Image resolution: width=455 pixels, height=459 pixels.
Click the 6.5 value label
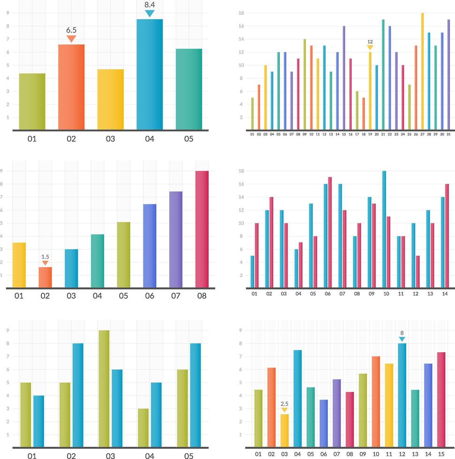click(x=71, y=30)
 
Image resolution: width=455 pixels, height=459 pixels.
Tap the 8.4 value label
click(x=150, y=5)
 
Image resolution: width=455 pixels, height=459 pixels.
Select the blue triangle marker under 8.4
click(x=150, y=14)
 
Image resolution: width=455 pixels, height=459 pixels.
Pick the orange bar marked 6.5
click(x=71, y=87)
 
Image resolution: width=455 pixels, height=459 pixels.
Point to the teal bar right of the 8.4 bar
click(x=189, y=89)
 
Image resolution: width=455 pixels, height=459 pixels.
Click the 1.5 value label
click(x=45, y=257)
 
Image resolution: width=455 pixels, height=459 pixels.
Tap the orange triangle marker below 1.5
click(x=45, y=263)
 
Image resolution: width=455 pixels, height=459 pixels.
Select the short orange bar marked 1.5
click(x=45, y=277)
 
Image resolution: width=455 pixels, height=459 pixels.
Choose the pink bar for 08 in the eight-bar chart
click(x=202, y=229)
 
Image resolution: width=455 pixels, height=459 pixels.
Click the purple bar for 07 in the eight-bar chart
click(x=176, y=239)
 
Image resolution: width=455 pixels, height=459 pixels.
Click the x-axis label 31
click(x=448, y=134)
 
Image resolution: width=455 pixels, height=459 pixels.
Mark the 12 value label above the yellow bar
click(x=370, y=42)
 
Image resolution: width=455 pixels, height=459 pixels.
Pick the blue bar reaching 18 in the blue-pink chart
click(x=384, y=229)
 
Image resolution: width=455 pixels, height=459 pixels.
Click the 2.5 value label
click(x=284, y=404)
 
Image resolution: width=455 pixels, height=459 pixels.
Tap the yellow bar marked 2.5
click(x=284, y=430)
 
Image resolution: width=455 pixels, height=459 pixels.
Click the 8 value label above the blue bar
click(x=402, y=333)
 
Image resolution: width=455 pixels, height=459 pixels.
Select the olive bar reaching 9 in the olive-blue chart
click(x=104, y=388)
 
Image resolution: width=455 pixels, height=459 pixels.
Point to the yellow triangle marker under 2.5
click(x=284, y=410)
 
